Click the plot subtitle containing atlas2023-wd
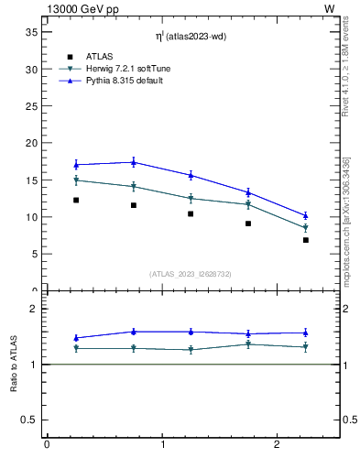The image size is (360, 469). (x=191, y=36)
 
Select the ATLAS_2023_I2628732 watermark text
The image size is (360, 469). (x=191, y=273)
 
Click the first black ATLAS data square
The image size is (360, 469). (x=76, y=200)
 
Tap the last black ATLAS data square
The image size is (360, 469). (x=306, y=240)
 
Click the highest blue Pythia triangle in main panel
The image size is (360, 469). (x=134, y=162)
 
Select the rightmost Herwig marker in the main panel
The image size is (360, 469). (x=306, y=228)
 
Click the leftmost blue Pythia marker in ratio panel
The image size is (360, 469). (x=76, y=338)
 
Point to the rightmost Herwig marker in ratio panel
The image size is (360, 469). (x=306, y=347)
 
